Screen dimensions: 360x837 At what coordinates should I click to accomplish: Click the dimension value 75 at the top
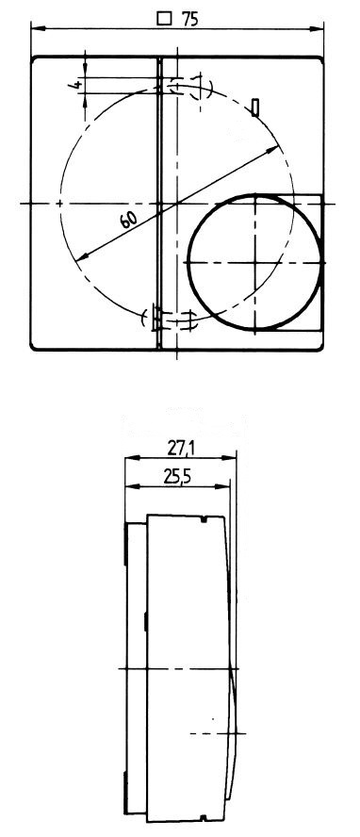pyautogui.click(x=189, y=19)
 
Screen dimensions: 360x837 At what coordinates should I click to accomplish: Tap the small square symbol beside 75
pyautogui.click(x=165, y=19)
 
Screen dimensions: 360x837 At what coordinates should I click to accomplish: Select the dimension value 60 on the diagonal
pyautogui.click(x=128, y=219)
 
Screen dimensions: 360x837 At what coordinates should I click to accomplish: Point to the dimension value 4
pyautogui.click(x=75, y=84)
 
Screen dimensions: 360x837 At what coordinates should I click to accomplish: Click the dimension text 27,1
pyautogui.click(x=180, y=449)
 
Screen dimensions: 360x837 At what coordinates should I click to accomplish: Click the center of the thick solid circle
pyautogui.click(x=256, y=262)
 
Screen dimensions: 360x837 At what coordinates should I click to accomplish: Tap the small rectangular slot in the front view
pyautogui.click(x=256, y=107)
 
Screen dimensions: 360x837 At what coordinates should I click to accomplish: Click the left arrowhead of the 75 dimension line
pyautogui.click(x=38, y=27)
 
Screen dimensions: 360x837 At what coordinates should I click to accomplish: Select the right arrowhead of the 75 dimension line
pyautogui.click(x=318, y=27)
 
